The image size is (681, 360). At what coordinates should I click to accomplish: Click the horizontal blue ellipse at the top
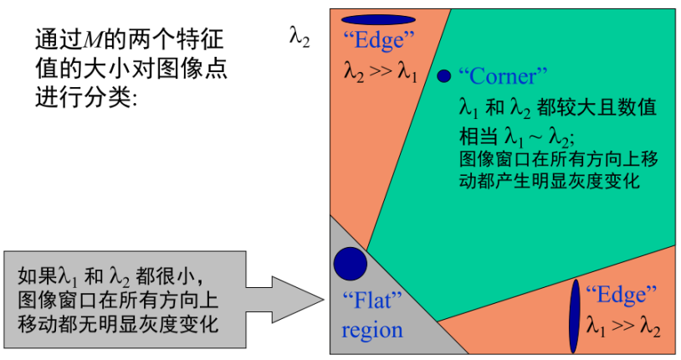pyautogui.click(x=379, y=19)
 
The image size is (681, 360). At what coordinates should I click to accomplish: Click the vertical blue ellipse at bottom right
pyautogui.click(x=575, y=316)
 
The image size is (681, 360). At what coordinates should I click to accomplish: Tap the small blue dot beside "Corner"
pyautogui.click(x=443, y=76)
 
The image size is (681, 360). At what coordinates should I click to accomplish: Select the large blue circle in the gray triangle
pyautogui.click(x=351, y=263)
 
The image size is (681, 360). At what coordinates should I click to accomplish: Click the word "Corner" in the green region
pyautogui.click(x=502, y=76)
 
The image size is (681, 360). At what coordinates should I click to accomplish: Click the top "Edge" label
pyautogui.click(x=379, y=40)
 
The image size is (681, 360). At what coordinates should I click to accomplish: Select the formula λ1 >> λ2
pyautogui.click(x=623, y=327)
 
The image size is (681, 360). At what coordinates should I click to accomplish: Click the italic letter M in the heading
pyautogui.click(x=95, y=39)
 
